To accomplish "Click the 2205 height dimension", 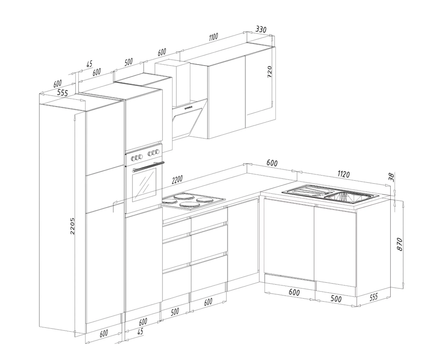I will [x=73, y=226].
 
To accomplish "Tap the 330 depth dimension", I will [x=261, y=29].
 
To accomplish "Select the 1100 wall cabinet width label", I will [x=213, y=37].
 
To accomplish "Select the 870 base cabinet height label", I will [x=399, y=244].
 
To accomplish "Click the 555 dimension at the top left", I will [x=62, y=93].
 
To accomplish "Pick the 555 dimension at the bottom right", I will [x=373, y=297].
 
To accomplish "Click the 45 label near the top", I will [x=89, y=64].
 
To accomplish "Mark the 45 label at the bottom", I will [x=140, y=332].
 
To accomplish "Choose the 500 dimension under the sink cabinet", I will [x=336, y=299].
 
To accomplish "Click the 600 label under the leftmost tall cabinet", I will [x=104, y=333].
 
